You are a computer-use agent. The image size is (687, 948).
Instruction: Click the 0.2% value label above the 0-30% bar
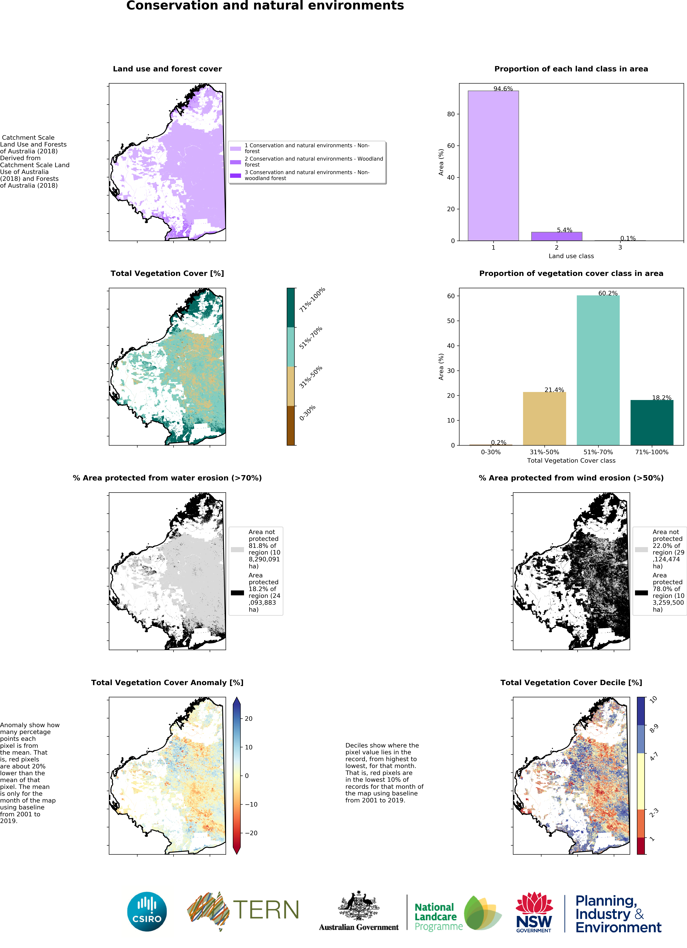pyautogui.click(x=498, y=442)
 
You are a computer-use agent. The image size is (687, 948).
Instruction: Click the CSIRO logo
pyautogui.click(x=147, y=912)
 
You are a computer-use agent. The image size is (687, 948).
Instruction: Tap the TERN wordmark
pyautogui.click(x=266, y=910)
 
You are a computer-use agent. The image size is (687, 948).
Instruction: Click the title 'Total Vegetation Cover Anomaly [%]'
pyautogui.click(x=167, y=683)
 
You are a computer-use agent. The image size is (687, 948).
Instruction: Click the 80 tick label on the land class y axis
pyautogui.click(x=451, y=114)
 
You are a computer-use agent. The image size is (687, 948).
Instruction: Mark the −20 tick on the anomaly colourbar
pyautogui.click(x=251, y=833)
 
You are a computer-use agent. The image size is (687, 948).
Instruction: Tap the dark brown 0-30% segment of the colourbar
pyautogui.click(x=291, y=426)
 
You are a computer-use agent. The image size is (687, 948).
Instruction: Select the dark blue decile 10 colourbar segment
pyautogui.click(x=641, y=711)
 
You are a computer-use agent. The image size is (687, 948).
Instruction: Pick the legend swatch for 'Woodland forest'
pyautogui.click(x=235, y=162)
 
